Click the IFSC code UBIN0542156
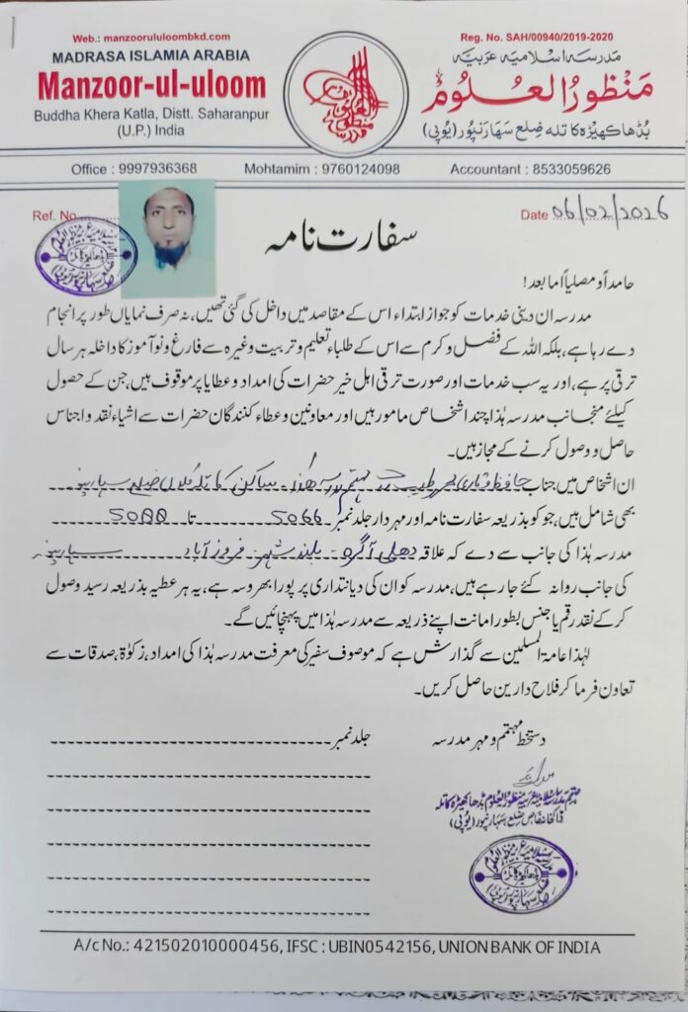pyautogui.click(x=377, y=946)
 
